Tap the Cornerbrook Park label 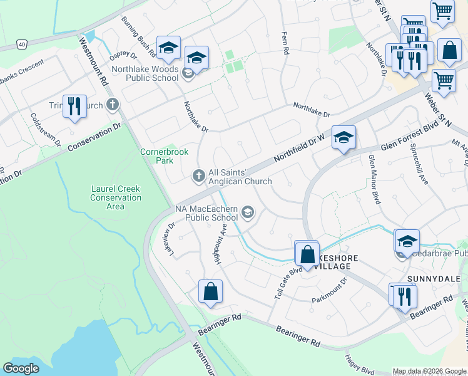(156, 156)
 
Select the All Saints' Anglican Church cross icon (199, 176)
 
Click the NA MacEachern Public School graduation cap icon (248, 213)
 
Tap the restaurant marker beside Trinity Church (74, 107)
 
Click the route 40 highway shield (22, 44)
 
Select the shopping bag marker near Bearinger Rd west (210, 292)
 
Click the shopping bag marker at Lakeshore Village (307, 255)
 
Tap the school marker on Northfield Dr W (343, 139)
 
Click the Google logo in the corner (21, 368)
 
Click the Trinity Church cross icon (113, 105)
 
